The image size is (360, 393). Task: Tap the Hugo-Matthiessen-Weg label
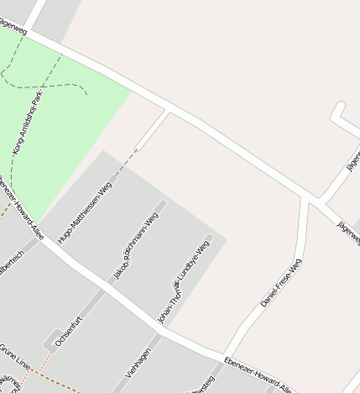click(84, 212)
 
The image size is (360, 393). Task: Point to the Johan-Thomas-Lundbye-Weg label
click(180, 282)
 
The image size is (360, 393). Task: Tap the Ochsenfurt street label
click(67, 331)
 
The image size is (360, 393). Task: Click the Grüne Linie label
click(14, 350)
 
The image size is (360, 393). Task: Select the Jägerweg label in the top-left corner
click(14, 28)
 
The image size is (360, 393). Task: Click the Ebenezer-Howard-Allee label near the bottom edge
click(259, 375)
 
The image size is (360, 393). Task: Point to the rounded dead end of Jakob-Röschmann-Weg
click(160, 205)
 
